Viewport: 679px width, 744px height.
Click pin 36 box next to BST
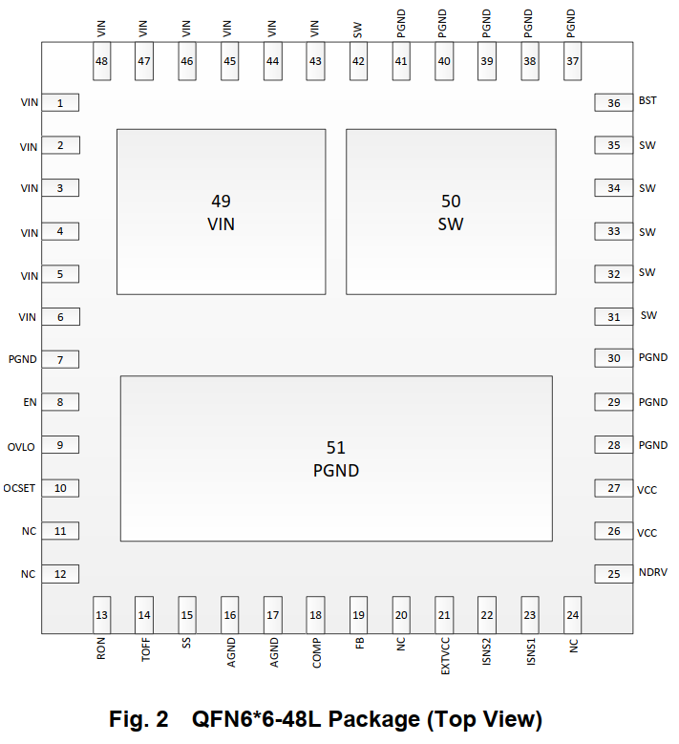[x=613, y=103]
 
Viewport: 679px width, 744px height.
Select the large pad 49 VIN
[x=221, y=211]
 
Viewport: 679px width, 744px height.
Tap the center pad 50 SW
[x=450, y=211]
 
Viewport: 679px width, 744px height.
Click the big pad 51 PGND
[x=336, y=458]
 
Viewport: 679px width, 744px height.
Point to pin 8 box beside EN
[x=60, y=402]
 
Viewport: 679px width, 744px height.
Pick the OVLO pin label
[x=22, y=446]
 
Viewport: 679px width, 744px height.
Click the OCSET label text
[x=19, y=489]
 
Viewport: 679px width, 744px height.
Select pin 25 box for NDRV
[x=613, y=574]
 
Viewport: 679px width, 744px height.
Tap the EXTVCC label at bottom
[x=445, y=657]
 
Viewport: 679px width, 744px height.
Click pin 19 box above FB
[x=358, y=615]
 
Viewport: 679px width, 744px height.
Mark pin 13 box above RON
[x=101, y=615]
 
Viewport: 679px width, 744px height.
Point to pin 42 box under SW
[x=358, y=61]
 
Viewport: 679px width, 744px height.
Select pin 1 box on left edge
[x=60, y=103]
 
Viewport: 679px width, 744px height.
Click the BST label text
[x=647, y=100]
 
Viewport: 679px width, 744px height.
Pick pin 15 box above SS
[x=187, y=615]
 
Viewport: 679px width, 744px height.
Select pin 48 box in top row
[x=101, y=61]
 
